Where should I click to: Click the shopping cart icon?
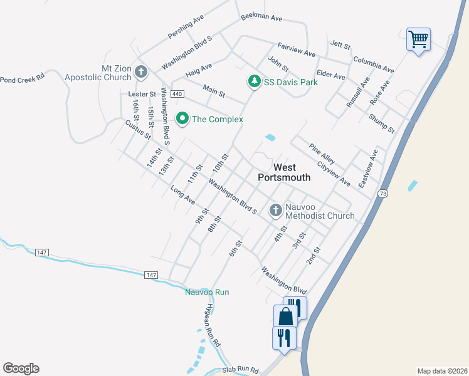tap(418, 39)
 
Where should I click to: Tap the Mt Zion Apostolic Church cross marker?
tap(141, 73)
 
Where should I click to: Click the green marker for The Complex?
tap(182, 118)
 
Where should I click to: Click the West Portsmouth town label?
tap(284, 172)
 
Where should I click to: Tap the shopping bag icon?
tap(286, 316)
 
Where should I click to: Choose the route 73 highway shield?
tap(382, 194)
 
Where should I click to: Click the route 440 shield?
tap(177, 94)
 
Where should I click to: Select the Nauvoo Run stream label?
tap(207, 292)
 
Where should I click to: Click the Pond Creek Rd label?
tap(23, 80)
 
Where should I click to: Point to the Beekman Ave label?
tap(261, 18)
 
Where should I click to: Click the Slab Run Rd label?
tap(241, 371)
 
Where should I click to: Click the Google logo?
tap(21, 368)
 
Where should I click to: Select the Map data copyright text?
tap(442, 371)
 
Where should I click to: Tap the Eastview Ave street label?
tap(369, 169)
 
